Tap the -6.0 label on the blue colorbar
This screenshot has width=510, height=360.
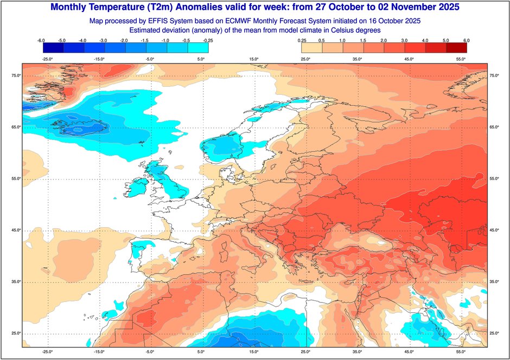click(40, 41)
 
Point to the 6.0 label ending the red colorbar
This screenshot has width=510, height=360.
click(466, 41)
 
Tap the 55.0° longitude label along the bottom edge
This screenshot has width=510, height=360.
click(460, 351)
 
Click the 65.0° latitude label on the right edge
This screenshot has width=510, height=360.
click(494, 127)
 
